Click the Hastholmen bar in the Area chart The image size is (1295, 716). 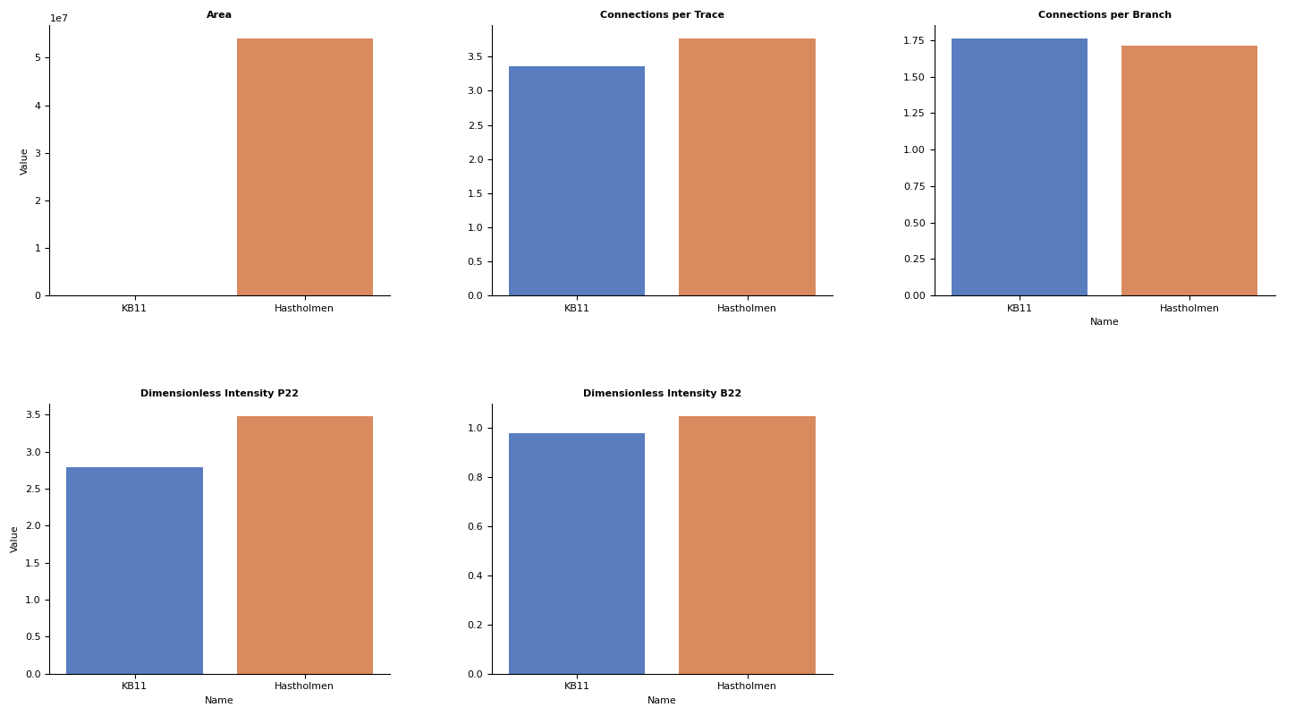tap(304, 167)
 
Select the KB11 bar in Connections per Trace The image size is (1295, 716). tap(577, 181)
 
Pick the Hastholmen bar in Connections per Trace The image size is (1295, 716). tap(747, 167)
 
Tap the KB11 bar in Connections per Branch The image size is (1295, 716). tap(1020, 167)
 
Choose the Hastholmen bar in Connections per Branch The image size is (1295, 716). tap(1189, 171)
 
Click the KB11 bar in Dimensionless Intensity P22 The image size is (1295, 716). tap(134, 570)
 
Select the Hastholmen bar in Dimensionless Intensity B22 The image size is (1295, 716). tap(747, 545)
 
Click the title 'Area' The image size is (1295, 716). tap(219, 15)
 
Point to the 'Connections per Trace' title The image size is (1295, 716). tap(662, 15)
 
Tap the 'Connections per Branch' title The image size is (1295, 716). tap(1105, 15)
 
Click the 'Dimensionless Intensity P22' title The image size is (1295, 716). tap(219, 394)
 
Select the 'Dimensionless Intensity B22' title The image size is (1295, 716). tap(662, 394)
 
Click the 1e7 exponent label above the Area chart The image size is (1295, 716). tap(59, 19)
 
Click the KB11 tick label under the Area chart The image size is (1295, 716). tap(134, 309)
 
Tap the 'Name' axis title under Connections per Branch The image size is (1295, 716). tap(1105, 322)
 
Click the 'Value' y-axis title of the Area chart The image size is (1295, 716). tap(24, 161)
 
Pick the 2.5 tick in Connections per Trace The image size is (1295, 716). tap(475, 125)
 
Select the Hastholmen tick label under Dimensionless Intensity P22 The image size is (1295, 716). tap(304, 686)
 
